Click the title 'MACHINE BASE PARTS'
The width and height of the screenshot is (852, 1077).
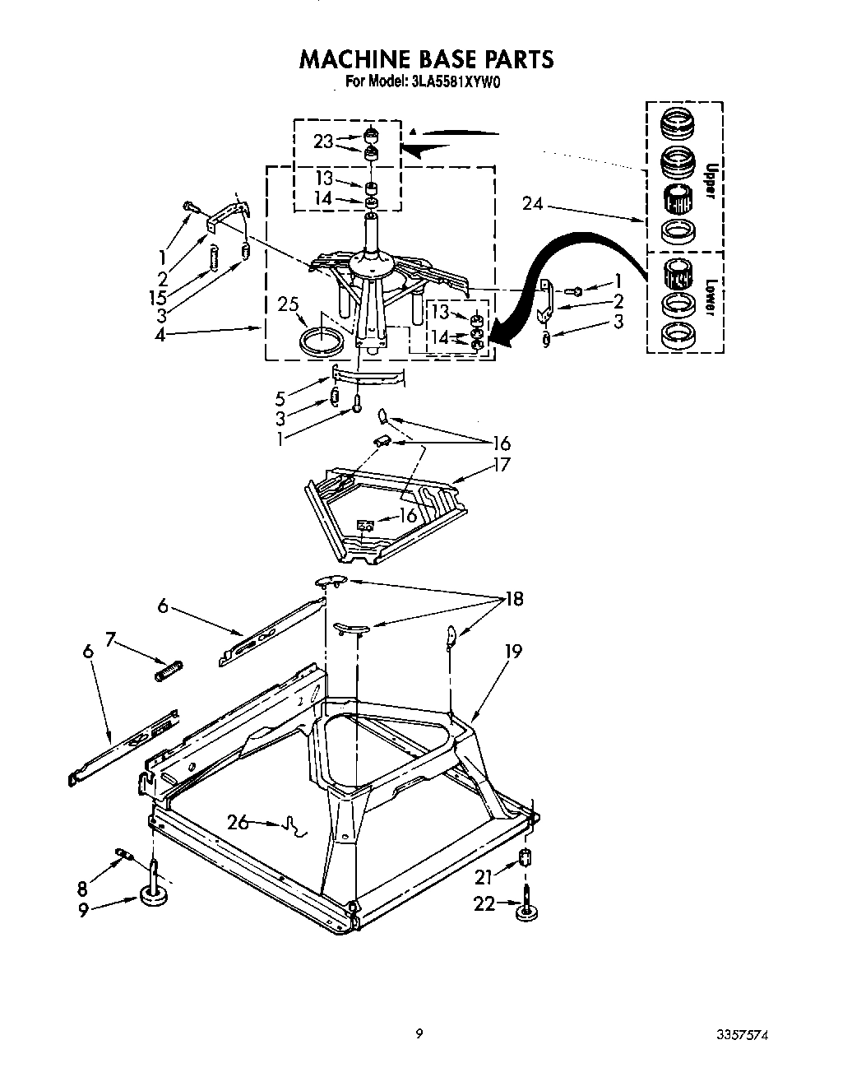point(425,59)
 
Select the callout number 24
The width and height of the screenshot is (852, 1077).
point(532,202)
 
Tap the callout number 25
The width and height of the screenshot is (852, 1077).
point(288,305)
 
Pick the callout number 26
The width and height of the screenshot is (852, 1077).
point(239,821)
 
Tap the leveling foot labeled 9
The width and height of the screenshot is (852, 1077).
point(155,895)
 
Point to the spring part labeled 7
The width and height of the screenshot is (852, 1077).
point(168,671)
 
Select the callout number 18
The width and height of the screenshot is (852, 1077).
point(514,599)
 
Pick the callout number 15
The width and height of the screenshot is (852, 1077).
point(159,298)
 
